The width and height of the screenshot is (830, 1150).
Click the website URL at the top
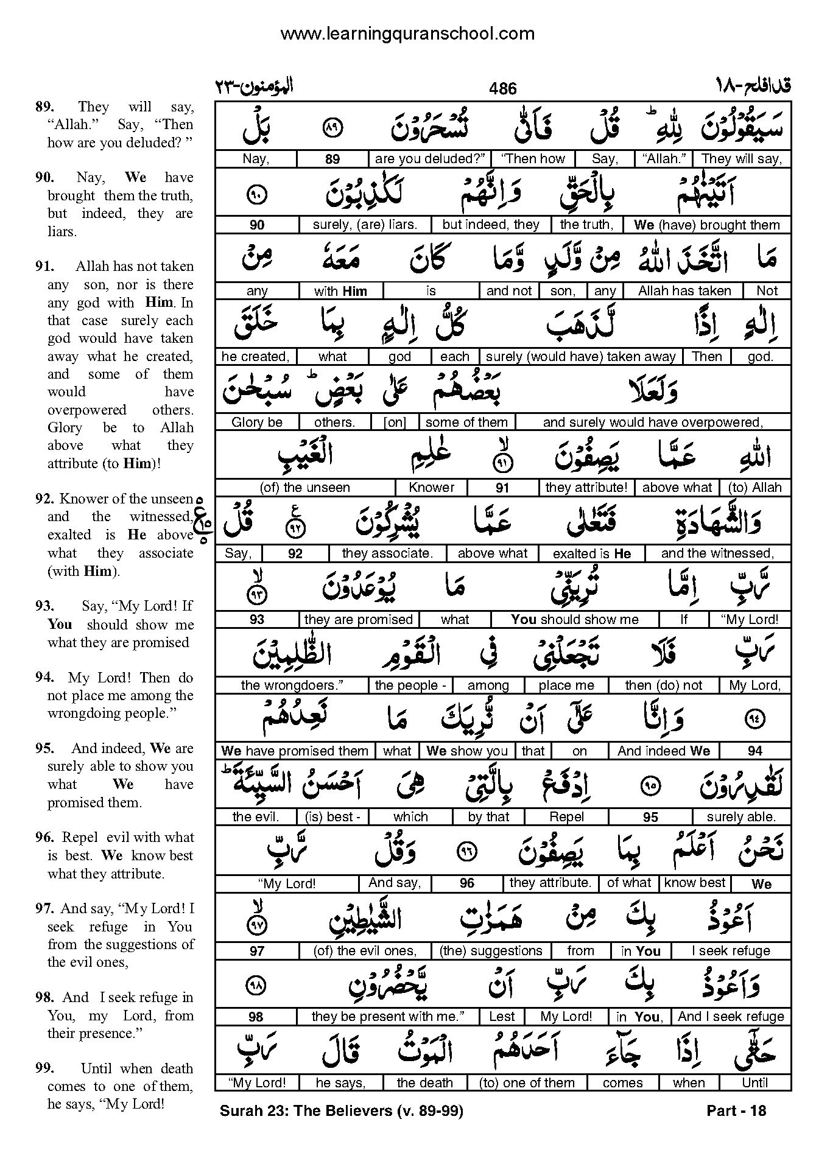tap(407, 33)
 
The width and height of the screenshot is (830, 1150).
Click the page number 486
tap(502, 89)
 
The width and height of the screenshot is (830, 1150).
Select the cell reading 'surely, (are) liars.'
tap(365, 225)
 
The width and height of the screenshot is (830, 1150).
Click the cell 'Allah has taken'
tap(684, 291)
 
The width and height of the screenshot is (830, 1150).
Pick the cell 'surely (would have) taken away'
tap(581, 357)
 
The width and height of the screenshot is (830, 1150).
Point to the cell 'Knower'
tap(432, 488)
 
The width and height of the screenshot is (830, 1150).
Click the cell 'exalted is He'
tap(591, 553)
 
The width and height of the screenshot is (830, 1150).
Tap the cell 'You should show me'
tap(575, 620)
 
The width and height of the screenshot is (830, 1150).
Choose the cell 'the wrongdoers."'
tap(292, 685)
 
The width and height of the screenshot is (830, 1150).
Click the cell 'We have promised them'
tap(295, 751)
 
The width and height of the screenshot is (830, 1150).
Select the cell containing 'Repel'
tap(566, 817)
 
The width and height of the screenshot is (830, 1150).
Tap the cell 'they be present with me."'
tap(388, 1017)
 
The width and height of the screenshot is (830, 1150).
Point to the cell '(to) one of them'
tap(527, 1083)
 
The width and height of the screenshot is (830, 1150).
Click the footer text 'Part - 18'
tap(736, 1110)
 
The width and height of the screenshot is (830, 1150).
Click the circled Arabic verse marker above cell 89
tap(332, 128)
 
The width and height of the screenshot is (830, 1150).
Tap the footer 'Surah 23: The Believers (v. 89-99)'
tap(341, 1110)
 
